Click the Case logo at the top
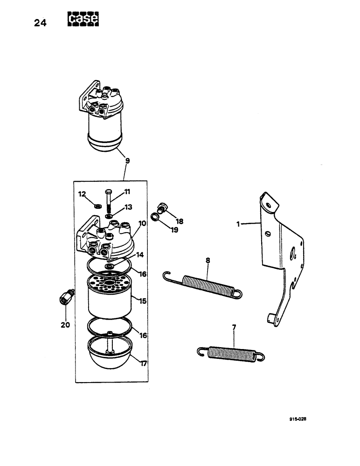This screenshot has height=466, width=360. (x=83, y=19)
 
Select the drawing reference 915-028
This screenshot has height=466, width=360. (x=297, y=418)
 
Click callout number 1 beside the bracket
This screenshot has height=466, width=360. (x=238, y=224)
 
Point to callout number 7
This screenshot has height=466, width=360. (x=234, y=328)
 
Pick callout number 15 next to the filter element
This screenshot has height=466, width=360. (x=143, y=302)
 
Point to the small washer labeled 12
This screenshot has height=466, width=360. (x=98, y=206)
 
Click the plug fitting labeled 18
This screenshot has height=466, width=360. (x=163, y=206)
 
